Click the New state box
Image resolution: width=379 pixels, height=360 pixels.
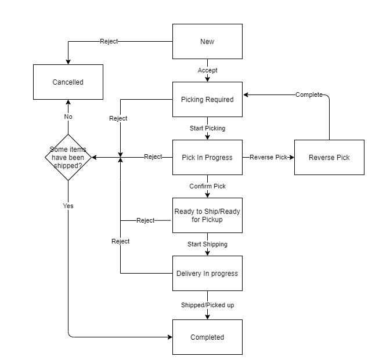click(x=207, y=41)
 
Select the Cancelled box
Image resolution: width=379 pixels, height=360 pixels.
click(x=68, y=82)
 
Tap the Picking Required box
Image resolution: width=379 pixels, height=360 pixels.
click(x=207, y=99)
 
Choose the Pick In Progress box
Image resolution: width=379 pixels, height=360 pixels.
click(x=207, y=157)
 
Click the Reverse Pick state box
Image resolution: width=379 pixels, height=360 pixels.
click(x=329, y=157)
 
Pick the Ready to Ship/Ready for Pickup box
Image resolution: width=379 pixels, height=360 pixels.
click(x=207, y=215)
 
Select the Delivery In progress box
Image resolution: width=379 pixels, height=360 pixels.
click(x=207, y=273)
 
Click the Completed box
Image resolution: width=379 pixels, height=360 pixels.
click(x=207, y=337)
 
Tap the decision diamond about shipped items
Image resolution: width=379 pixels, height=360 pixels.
click(x=68, y=157)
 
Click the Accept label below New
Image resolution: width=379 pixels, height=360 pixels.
click(x=207, y=70)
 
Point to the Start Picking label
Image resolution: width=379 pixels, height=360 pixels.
click(x=207, y=128)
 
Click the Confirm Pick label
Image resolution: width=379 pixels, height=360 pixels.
click(x=207, y=186)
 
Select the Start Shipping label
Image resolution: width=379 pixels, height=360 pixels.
click(x=207, y=244)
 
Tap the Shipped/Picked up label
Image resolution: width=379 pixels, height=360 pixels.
click(x=207, y=304)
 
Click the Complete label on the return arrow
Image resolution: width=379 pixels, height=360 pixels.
click(x=309, y=94)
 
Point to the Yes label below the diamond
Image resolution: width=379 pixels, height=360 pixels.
click(x=68, y=206)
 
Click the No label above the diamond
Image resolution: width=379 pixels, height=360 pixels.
click(x=68, y=117)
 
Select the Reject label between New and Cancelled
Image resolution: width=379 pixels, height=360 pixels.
click(x=110, y=41)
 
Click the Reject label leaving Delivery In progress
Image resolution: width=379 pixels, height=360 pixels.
click(x=120, y=241)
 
